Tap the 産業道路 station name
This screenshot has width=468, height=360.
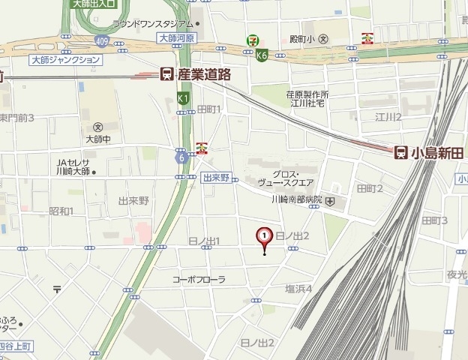[x=204, y=74]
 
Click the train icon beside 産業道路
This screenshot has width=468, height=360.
[x=166, y=74]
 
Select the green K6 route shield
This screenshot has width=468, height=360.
[x=262, y=55]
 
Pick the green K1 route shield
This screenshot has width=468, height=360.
[x=183, y=97]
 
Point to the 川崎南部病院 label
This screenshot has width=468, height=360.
[x=296, y=200]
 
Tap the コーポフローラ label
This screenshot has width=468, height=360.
[x=199, y=279]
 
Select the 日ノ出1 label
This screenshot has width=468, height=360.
[x=205, y=241]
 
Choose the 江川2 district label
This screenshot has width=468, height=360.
[x=388, y=117]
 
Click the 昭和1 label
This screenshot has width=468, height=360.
[x=61, y=211]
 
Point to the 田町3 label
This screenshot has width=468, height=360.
[x=434, y=220]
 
